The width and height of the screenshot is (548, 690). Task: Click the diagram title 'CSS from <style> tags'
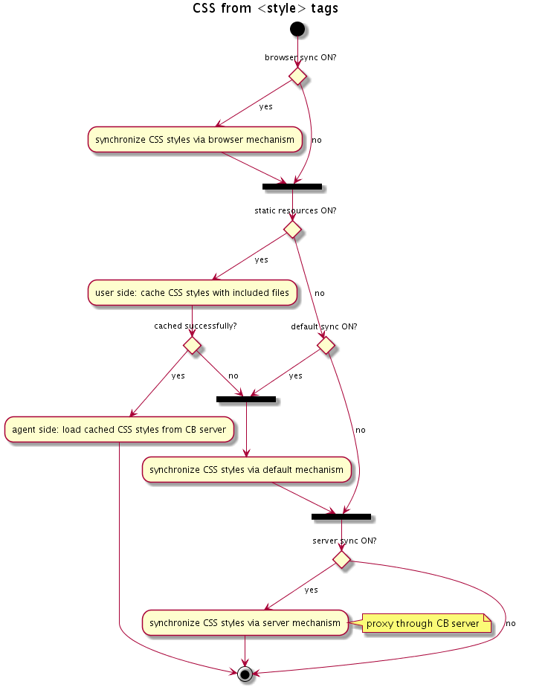[x=265, y=9]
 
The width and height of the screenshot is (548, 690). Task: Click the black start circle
[x=297, y=29]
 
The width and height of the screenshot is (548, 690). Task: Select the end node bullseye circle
[x=245, y=674]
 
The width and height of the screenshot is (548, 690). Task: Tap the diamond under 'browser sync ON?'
[x=297, y=76]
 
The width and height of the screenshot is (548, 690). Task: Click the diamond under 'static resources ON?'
[x=291, y=230]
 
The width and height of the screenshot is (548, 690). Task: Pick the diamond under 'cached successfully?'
[x=193, y=345]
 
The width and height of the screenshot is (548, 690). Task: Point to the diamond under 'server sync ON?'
[x=341, y=558]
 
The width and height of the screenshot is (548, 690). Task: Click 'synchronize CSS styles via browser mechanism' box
[x=195, y=140]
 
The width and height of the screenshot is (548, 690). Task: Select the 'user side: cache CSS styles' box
[x=193, y=293]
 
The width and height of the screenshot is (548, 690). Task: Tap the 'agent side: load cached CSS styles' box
[x=119, y=430]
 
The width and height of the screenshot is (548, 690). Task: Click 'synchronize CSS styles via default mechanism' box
[x=246, y=470]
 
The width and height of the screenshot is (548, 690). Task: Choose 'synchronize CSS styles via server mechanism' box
[x=245, y=622]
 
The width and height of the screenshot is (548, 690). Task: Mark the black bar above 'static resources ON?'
[x=291, y=185]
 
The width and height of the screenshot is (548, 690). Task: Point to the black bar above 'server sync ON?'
[x=341, y=516]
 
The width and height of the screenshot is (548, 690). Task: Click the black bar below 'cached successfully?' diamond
[x=246, y=399]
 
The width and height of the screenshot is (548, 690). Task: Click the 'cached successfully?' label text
[x=195, y=326]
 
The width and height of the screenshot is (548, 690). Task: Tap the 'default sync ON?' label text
[x=324, y=326]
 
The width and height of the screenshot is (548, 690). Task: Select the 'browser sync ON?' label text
[x=300, y=57]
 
